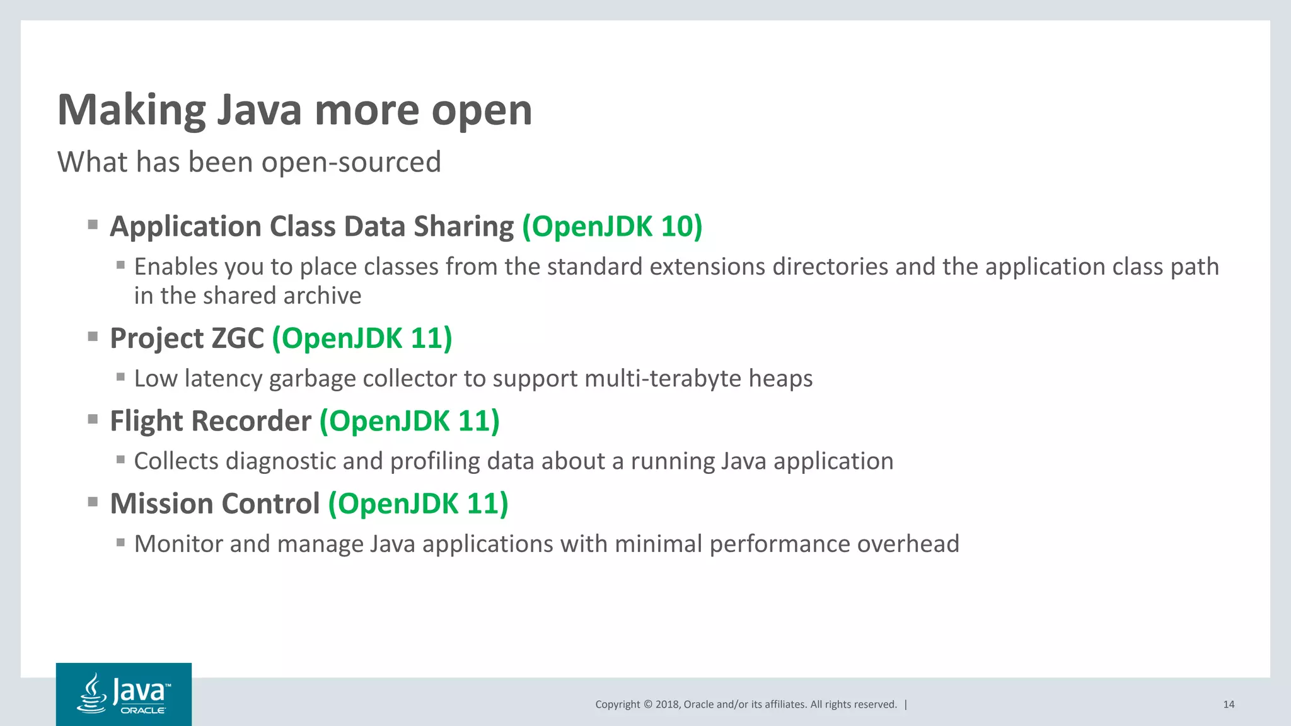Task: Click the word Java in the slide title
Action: [x=260, y=110]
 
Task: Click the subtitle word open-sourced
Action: [x=351, y=163]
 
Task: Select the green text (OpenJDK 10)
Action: [x=612, y=227]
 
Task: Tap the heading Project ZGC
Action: [x=187, y=338]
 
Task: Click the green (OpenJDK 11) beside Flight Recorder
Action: [x=409, y=421]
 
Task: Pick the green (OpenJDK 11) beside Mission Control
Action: [x=418, y=504]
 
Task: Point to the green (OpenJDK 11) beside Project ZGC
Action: [x=362, y=338]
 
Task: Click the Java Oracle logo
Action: [x=124, y=694]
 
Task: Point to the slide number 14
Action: [x=1229, y=705]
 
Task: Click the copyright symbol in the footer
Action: [x=647, y=705]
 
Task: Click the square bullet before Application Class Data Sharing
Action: [x=93, y=224]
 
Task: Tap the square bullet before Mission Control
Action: [x=93, y=502]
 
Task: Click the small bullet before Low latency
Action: [x=120, y=377]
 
